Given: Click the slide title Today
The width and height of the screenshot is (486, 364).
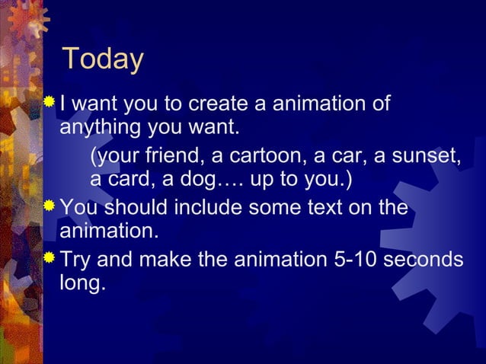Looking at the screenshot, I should pyautogui.click(x=102, y=59).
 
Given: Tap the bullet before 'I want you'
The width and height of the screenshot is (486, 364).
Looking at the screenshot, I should pyautogui.click(x=50, y=101).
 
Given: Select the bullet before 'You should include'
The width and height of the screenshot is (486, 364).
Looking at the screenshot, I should pyautogui.click(x=50, y=206).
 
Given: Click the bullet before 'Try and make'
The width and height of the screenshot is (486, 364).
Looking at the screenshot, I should pyautogui.click(x=50, y=258).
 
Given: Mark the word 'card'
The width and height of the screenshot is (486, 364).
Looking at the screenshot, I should pyautogui.click(x=133, y=181).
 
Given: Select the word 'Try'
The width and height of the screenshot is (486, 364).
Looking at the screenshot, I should pyautogui.click(x=76, y=260).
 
